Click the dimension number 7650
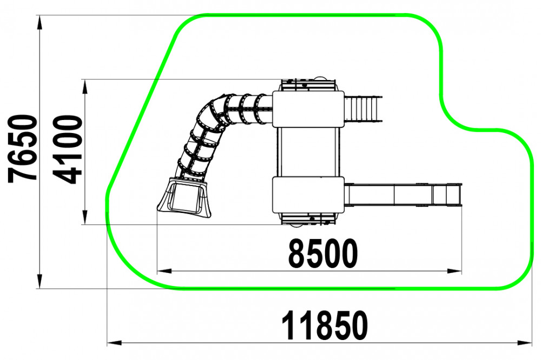[22, 149]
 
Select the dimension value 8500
[322, 254]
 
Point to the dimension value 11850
[325, 326]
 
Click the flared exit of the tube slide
[184, 198]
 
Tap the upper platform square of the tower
[308, 109]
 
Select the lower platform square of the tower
[308, 195]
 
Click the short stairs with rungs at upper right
[364, 109]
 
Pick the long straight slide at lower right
[403, 195]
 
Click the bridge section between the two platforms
[308, 152]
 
